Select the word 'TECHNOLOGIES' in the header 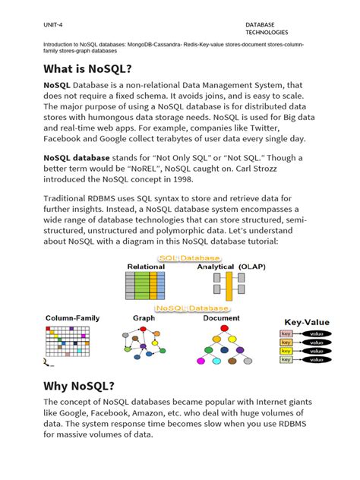point(266,33)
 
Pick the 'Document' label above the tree point(222,317)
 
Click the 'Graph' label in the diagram point(144,317)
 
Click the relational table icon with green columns point(144,286)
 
